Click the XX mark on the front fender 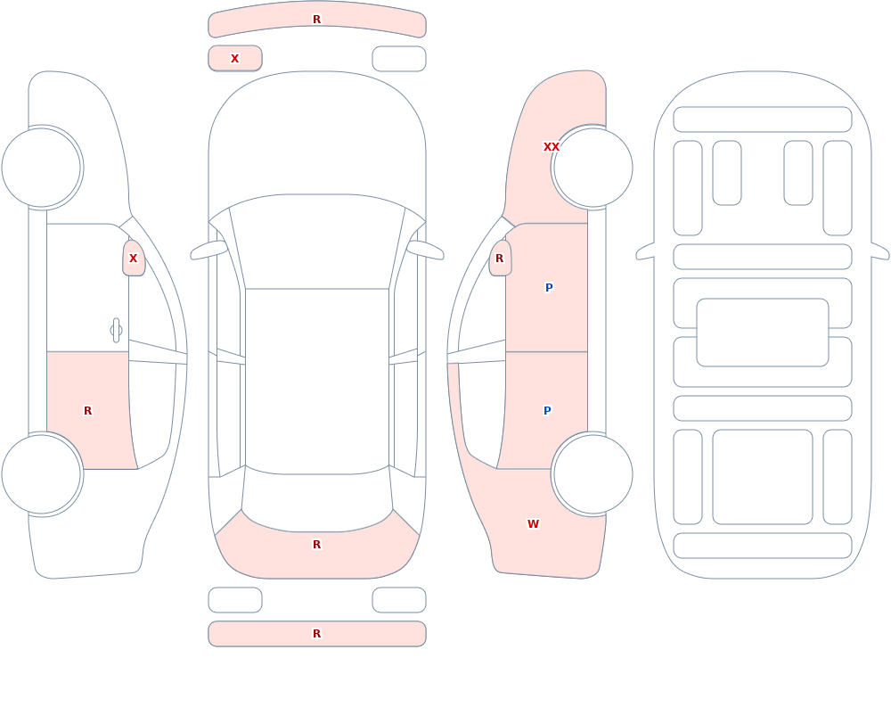click(552, 147)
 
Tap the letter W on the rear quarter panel click(533, 524)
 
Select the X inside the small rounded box click(234, 59)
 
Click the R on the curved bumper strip click(317, 20)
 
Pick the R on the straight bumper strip click(317, 634)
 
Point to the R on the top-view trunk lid click(317, 545)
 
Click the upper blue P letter click(549, 287)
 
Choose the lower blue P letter click(547, 410)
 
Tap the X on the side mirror click(133, 259)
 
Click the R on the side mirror click(500, 259)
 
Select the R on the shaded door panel click(87, 410)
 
